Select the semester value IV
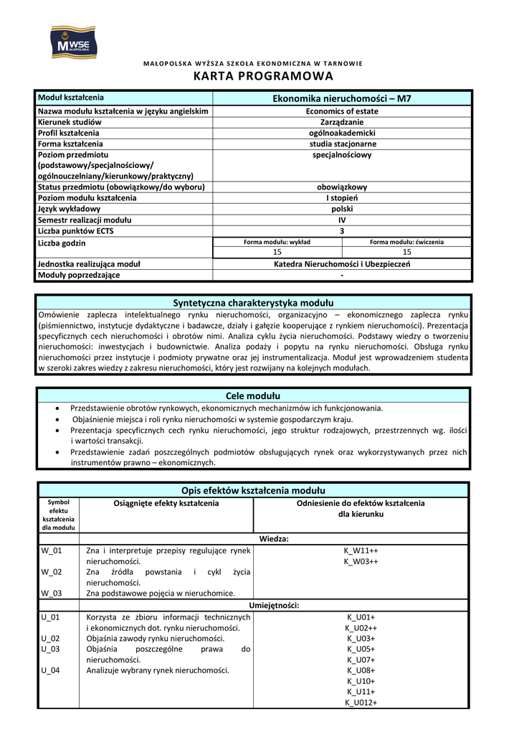[x=342, y=220]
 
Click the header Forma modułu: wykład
[x=277, y=242]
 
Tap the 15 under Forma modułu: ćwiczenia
[x=406, y=252]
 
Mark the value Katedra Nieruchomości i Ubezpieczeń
[x=342, y=264]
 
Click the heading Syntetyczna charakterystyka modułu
[x=253, y=303]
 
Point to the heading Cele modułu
[x=253, y=395]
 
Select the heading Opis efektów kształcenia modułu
[x=253, y=490]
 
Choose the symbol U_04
[x=51, y=670]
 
